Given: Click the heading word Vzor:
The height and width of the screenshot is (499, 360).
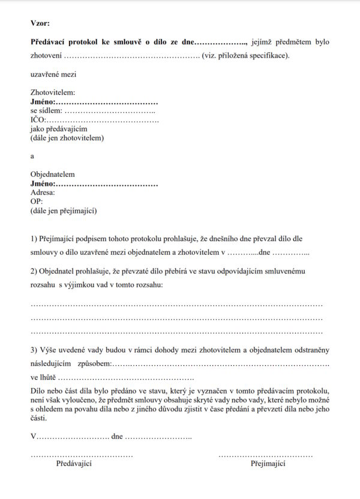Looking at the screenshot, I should point(40,23).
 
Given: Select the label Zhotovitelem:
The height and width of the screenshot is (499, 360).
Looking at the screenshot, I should point(53,93).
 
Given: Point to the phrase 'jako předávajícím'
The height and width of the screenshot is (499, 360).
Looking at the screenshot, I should point(59,129).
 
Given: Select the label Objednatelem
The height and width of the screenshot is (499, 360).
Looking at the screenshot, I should point(53,175).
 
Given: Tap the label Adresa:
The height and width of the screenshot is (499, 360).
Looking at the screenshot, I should point(43,193).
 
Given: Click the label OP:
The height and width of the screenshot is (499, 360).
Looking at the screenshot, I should point(37,202).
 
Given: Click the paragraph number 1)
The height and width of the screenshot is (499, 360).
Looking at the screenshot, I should point(34,239).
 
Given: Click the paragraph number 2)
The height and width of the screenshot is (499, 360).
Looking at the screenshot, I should point(34,272).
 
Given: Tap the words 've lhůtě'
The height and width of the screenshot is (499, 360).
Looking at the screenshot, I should point(43,378).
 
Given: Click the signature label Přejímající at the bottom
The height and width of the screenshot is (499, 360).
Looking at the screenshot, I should point(268,464).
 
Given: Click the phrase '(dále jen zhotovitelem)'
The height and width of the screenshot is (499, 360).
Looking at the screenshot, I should point(67,138).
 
